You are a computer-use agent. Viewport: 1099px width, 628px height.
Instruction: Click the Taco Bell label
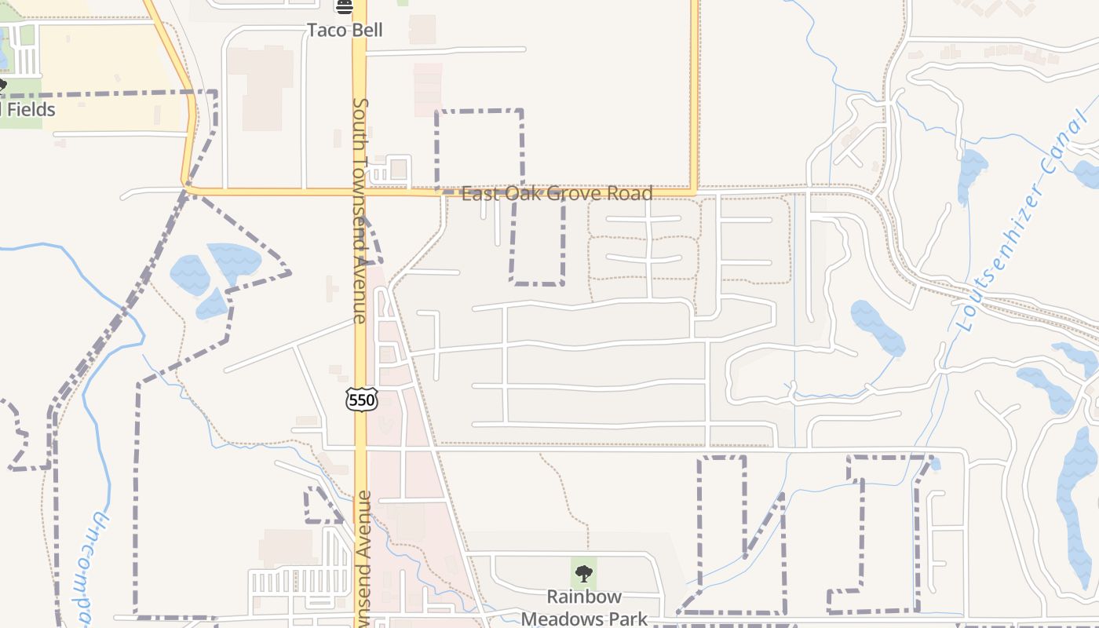[345, 31]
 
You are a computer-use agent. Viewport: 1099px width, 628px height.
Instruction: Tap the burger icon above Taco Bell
[345, 7]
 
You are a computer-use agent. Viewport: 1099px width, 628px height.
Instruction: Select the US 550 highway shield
[362, 400]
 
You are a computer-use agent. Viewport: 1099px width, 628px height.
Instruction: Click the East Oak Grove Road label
[557, 193]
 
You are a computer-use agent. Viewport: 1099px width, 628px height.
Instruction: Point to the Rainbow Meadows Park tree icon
[583, 574]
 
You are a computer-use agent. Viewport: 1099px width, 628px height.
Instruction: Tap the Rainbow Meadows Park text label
[584, 608]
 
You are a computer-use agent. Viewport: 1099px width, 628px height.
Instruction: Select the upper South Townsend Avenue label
[360, 210]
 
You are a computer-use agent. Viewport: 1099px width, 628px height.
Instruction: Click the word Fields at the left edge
[31, 109]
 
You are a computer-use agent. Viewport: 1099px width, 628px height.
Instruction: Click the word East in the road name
[479, 193]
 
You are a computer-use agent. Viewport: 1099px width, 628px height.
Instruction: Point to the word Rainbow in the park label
[584, 597]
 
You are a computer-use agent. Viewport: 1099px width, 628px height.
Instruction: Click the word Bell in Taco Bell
[368, 31]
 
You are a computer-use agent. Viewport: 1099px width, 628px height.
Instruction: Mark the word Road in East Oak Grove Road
[631, 193]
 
